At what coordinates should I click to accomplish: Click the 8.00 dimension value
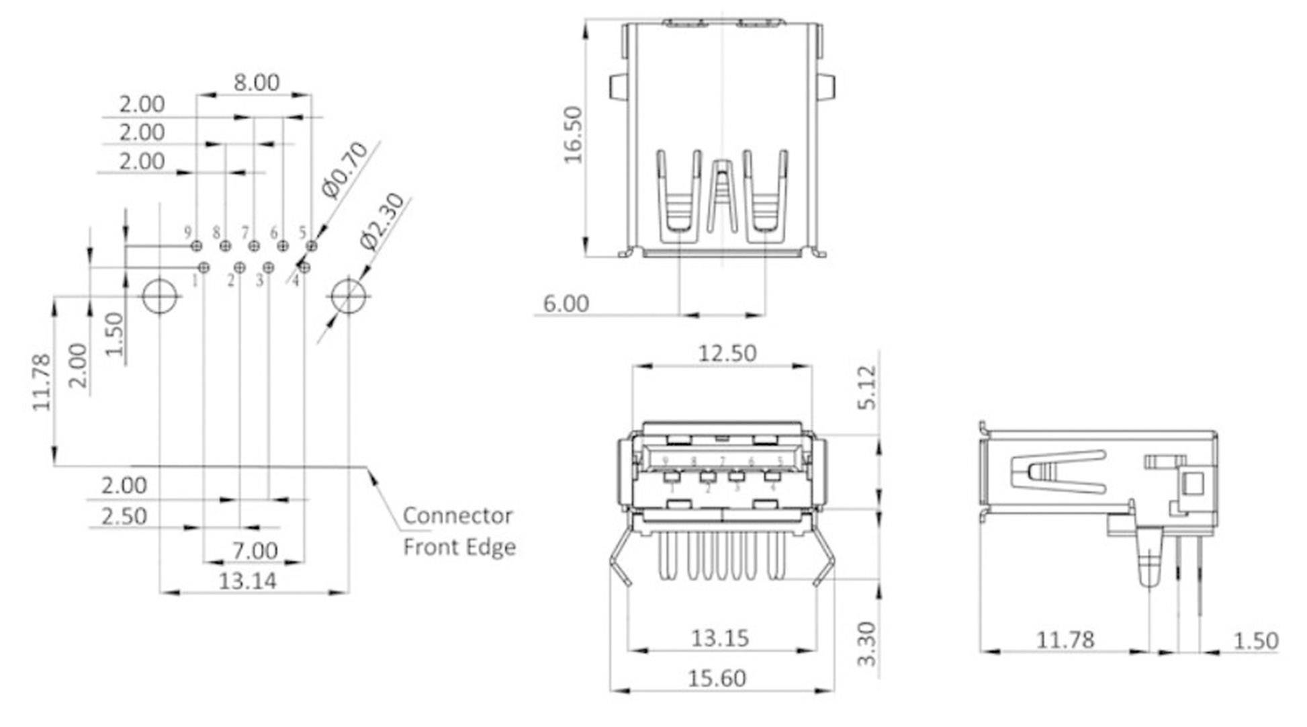256,83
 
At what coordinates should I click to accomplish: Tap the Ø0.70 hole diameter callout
345,170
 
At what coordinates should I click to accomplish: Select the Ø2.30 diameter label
383,222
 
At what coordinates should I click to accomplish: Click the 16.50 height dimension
574,134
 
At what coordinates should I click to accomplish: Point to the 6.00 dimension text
566,304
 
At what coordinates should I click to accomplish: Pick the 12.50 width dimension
727,353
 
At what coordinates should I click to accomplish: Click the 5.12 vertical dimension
867,387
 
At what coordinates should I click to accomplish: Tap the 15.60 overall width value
717,678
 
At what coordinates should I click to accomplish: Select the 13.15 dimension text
719,638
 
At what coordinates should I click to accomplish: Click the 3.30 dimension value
867,644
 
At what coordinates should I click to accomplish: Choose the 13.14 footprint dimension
247,581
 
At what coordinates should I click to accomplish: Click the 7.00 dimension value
255,551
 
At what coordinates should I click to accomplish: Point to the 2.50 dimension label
124,517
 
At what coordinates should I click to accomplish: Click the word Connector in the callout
457,516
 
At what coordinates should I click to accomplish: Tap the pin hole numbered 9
197,246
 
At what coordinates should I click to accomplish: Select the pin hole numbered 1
204,267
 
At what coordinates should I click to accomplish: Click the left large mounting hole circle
160,296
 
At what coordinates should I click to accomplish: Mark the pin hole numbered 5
311,246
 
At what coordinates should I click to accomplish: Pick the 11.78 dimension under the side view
1065,640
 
